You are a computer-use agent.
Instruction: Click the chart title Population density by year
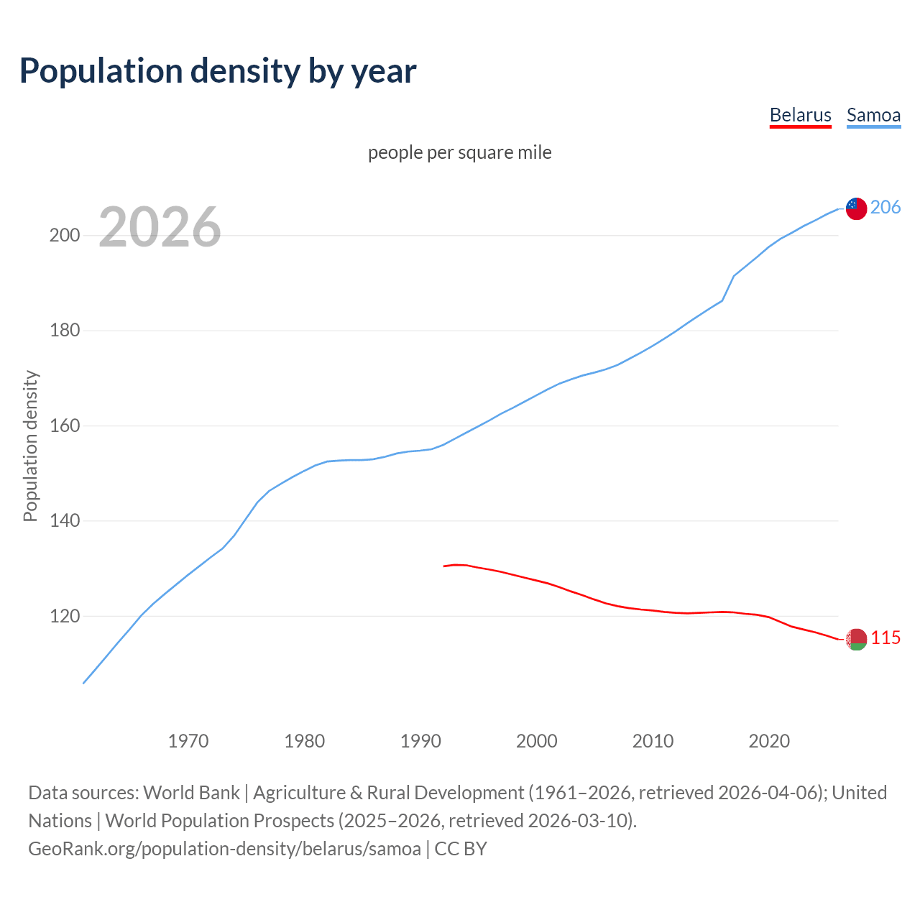click(218, 70)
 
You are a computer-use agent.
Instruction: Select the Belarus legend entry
click(800, 115)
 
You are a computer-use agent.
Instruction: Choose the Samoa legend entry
click(873, 115)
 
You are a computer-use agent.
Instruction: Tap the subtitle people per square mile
click(460, 152)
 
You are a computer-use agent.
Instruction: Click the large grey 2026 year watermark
click(160, 227)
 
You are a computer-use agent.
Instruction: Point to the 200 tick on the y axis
click(65, 235)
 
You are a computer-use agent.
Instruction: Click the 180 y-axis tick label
click(65, 331)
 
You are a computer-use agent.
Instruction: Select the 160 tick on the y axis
click(65, 425)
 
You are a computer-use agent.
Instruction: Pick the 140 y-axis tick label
click(65, 521)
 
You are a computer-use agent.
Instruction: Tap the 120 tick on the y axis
click(65, 616)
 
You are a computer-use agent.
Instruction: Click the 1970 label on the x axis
click(188, 740)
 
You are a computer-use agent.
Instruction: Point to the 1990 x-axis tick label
click(420, 740)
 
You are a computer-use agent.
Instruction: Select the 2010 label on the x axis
click(653, 740)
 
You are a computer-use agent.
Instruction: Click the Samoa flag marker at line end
click(856, 208)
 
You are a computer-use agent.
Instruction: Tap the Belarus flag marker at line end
click(856, 639)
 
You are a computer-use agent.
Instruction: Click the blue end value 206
click(885, 207)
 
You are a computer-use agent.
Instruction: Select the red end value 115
click(885, 638)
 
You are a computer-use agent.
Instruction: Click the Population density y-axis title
click(30, 446)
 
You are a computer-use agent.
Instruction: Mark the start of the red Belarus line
click(444, 566)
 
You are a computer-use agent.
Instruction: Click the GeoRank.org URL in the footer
click(224, 848)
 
